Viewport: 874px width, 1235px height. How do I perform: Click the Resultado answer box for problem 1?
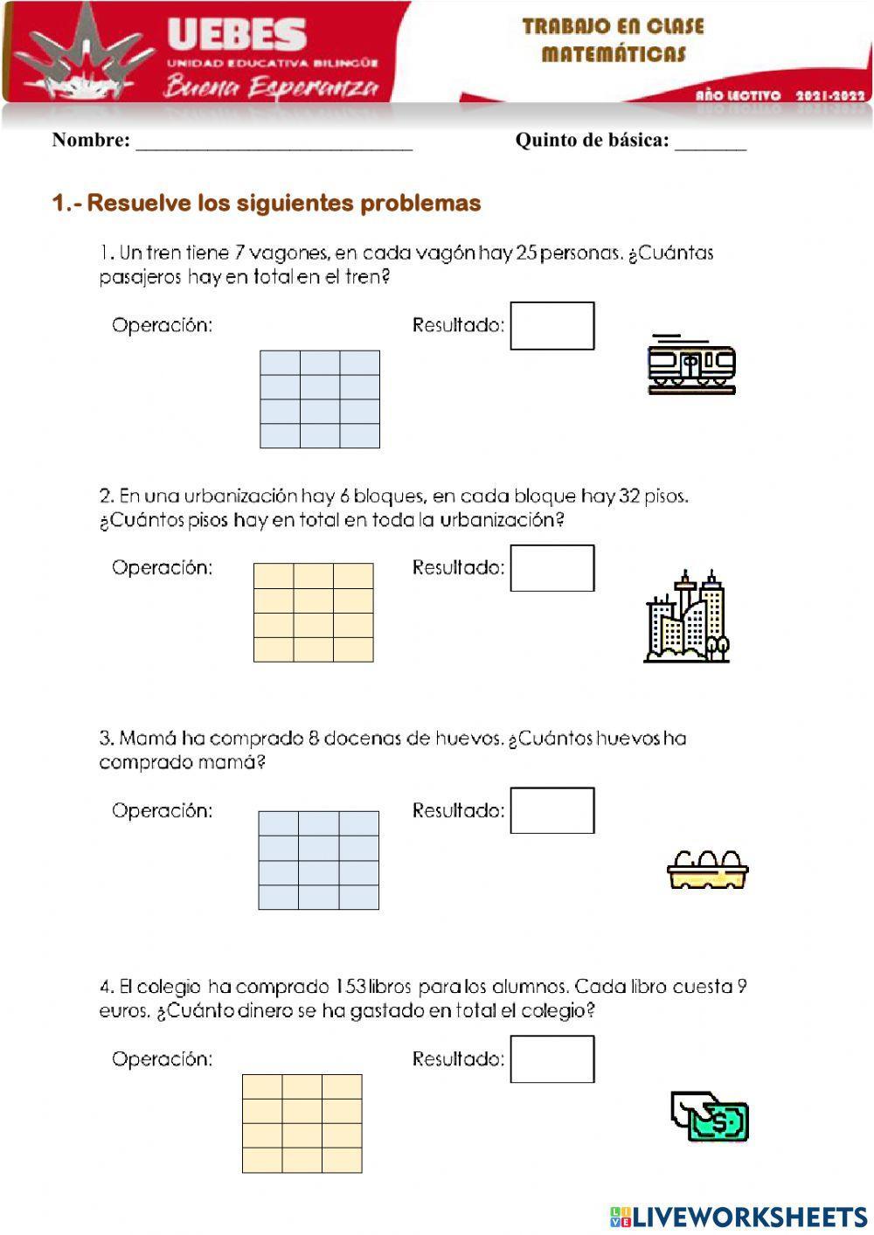tap(551, 326)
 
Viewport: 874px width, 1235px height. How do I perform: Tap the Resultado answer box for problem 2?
tap(551, 568)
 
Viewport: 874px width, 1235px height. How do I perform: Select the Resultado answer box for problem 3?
tap(551, 810)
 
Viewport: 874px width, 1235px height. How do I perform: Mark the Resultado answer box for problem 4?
tap(551, 1058)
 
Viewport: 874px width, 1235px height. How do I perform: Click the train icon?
tap(691, 364)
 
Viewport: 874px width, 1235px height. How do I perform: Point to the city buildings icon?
tap(687, 617)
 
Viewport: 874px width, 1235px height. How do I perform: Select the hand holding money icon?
tap(710, 1116)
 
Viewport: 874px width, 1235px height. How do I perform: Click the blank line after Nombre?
tap(274, 142)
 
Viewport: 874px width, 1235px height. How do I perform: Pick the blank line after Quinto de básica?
tap(710, 142)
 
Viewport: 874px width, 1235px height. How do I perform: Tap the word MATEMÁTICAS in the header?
tap(614, 54)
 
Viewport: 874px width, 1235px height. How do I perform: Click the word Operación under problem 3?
tap(163, 811)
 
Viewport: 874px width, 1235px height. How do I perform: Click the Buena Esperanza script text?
tap(271, 87)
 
